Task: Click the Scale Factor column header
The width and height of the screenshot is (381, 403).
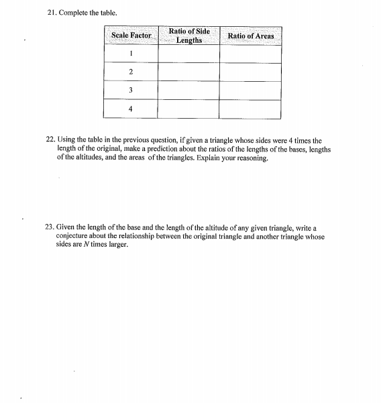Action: click(x=131, y=35)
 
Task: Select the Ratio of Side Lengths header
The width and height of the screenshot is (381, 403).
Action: click(x=188, y=36)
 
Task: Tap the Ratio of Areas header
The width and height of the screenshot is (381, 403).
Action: click(x=250, y=35)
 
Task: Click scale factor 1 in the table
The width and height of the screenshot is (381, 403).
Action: click(x=131, y=54)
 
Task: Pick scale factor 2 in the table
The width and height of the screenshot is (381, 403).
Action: click(x=131, y=72)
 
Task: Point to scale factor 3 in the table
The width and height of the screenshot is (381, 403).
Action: click(x=131, y=90)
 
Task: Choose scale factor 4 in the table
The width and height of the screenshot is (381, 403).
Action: click(x=131, y=108)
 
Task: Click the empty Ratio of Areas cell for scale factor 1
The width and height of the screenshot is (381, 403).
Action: click(x=250, y=54)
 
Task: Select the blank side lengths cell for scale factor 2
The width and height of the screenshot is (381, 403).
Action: click(x=188, y=72)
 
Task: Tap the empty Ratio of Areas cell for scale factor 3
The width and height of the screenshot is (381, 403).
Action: click(x=250, y=90)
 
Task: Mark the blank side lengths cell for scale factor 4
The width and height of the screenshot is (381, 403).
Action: click(x=188, y=108)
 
